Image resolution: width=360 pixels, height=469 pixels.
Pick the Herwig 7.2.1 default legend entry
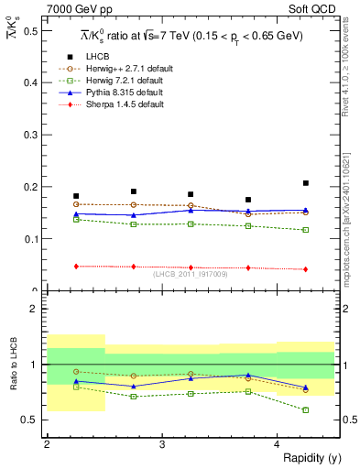(122, 80)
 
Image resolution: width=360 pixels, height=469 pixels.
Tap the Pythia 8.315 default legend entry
(122, 93)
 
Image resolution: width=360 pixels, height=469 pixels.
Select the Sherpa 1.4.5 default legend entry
(122, 104)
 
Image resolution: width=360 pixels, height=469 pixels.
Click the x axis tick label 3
(162, 444)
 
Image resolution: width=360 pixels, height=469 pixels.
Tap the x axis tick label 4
(278, 444)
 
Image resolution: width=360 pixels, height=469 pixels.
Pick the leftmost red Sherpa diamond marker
(76, 267)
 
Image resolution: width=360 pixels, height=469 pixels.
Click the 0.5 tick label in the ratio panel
(33, 420)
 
